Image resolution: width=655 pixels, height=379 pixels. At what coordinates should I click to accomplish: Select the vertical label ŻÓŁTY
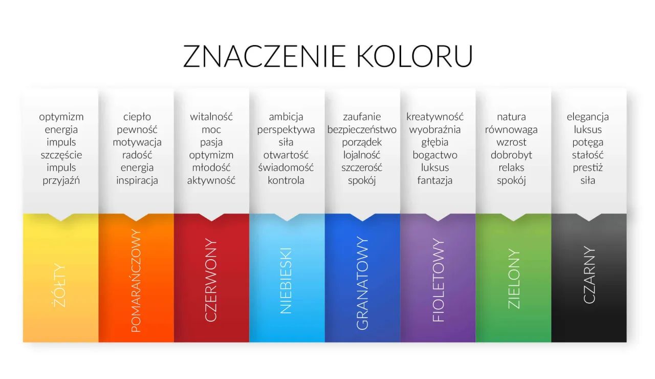(60, 285)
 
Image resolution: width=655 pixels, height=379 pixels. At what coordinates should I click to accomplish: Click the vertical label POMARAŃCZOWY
(136, 281)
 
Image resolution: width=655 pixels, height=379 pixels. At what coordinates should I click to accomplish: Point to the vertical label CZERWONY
(211, 280)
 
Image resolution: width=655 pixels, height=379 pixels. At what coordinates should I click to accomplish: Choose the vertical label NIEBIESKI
(287, 280)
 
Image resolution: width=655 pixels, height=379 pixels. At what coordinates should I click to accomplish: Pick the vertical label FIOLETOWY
(438, 280)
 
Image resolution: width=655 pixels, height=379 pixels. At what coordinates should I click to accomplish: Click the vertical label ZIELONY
(514, 279)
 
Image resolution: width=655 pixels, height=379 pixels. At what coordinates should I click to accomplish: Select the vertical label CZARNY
(589, 275)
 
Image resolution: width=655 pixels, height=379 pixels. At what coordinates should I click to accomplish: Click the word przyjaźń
(61, 180)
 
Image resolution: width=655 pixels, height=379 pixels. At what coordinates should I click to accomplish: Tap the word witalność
(211, 117)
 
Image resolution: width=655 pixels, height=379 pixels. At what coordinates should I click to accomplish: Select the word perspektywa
(286, 130)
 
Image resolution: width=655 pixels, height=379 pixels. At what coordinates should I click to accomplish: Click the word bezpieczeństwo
(362, 130)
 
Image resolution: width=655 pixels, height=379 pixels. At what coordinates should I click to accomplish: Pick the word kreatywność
(435, 117)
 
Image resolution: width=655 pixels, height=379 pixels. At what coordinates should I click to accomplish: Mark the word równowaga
(511, 130)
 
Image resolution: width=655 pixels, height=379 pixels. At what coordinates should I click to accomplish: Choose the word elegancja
(587, 117)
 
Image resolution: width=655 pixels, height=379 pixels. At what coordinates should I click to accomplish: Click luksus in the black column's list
(587, 130)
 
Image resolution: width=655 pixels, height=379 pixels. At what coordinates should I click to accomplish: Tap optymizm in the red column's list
(211, 155)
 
